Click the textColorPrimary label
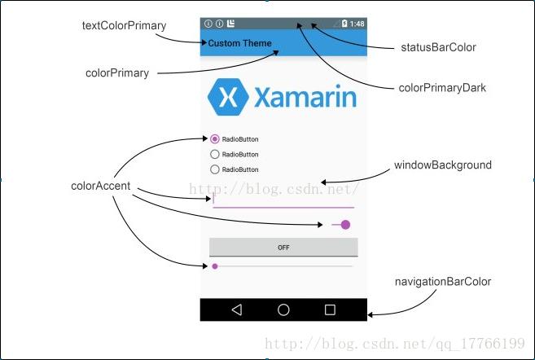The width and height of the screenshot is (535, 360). pyautogui.click(x=124, y=25)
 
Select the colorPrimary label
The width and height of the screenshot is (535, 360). pyautogui.click(x=117, y=72)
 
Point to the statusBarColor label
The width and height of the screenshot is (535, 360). pyautogui.click(x=438, y=47)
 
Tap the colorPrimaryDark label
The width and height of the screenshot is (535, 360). pyautogui.click(x=442, y=87)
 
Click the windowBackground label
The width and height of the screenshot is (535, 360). pyautogui.click(x=443, y=165)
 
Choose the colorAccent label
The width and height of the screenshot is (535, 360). pyautogui.click(x=101, y=187)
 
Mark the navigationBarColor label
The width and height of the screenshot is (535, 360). pyautogui.click(x=443, y=282)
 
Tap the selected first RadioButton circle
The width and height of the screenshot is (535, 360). pyautogui.click(x=215, y=139)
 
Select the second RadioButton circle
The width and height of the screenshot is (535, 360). pyautogui.click(x=215, y=154)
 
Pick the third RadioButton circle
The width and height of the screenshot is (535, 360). pyautogui.click(x=215, y=169)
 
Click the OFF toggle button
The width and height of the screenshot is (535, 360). pyautogui.click(x=283, y=248)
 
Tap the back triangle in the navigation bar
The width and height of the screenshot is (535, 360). pyautogui.click(x=237, y=310)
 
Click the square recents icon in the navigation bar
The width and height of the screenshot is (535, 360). pyautogui.click(x=330, y=310)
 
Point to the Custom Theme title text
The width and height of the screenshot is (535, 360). pyautogui.click(x=240, y=43)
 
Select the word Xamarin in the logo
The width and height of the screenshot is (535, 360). pyautogui.click(x=305, y=98)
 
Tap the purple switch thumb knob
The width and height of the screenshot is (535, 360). pyautogui.click(x=345, y=225)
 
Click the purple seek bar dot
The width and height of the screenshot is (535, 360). pyautogui.click(x=215, y=266)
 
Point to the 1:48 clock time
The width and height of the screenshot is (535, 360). pyautogui.click(x=357, y=24)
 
